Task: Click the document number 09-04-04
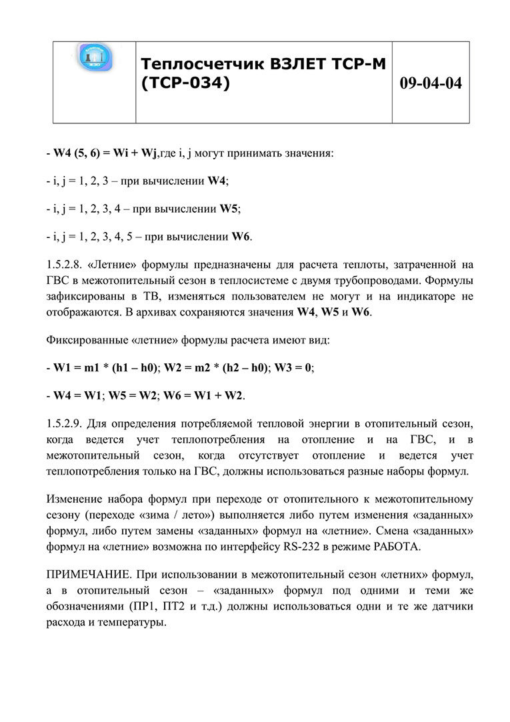click(430, 83)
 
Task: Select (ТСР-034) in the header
click(186, 83)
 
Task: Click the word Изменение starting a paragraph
click(75, 499)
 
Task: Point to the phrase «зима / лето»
click(162, 515)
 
